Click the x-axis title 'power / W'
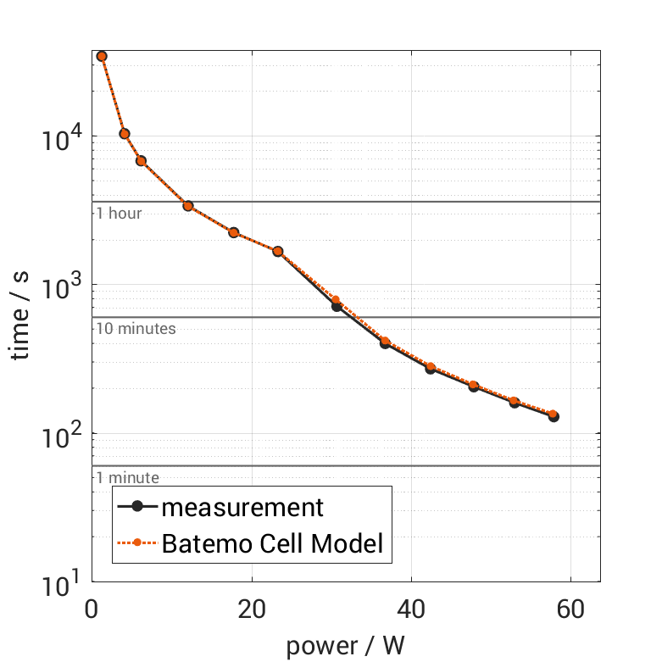[346, 646]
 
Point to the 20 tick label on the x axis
[251, 611]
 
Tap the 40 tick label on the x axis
[410, 611]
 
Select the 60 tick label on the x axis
[570, 611]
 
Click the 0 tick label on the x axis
[92, 611]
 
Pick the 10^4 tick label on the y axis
[60, 138]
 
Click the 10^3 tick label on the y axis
[60, 286]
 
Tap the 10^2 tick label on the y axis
[60, 434]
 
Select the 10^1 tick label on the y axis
[60, 582]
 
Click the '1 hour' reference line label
[119, 213]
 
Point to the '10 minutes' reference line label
[136, 328]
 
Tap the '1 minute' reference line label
[127, 478]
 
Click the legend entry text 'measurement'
[242, 508]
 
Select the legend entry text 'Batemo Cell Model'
[273, 543]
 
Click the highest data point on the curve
[102, 56]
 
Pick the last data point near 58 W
[554, 415]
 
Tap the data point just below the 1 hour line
[188, 206]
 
